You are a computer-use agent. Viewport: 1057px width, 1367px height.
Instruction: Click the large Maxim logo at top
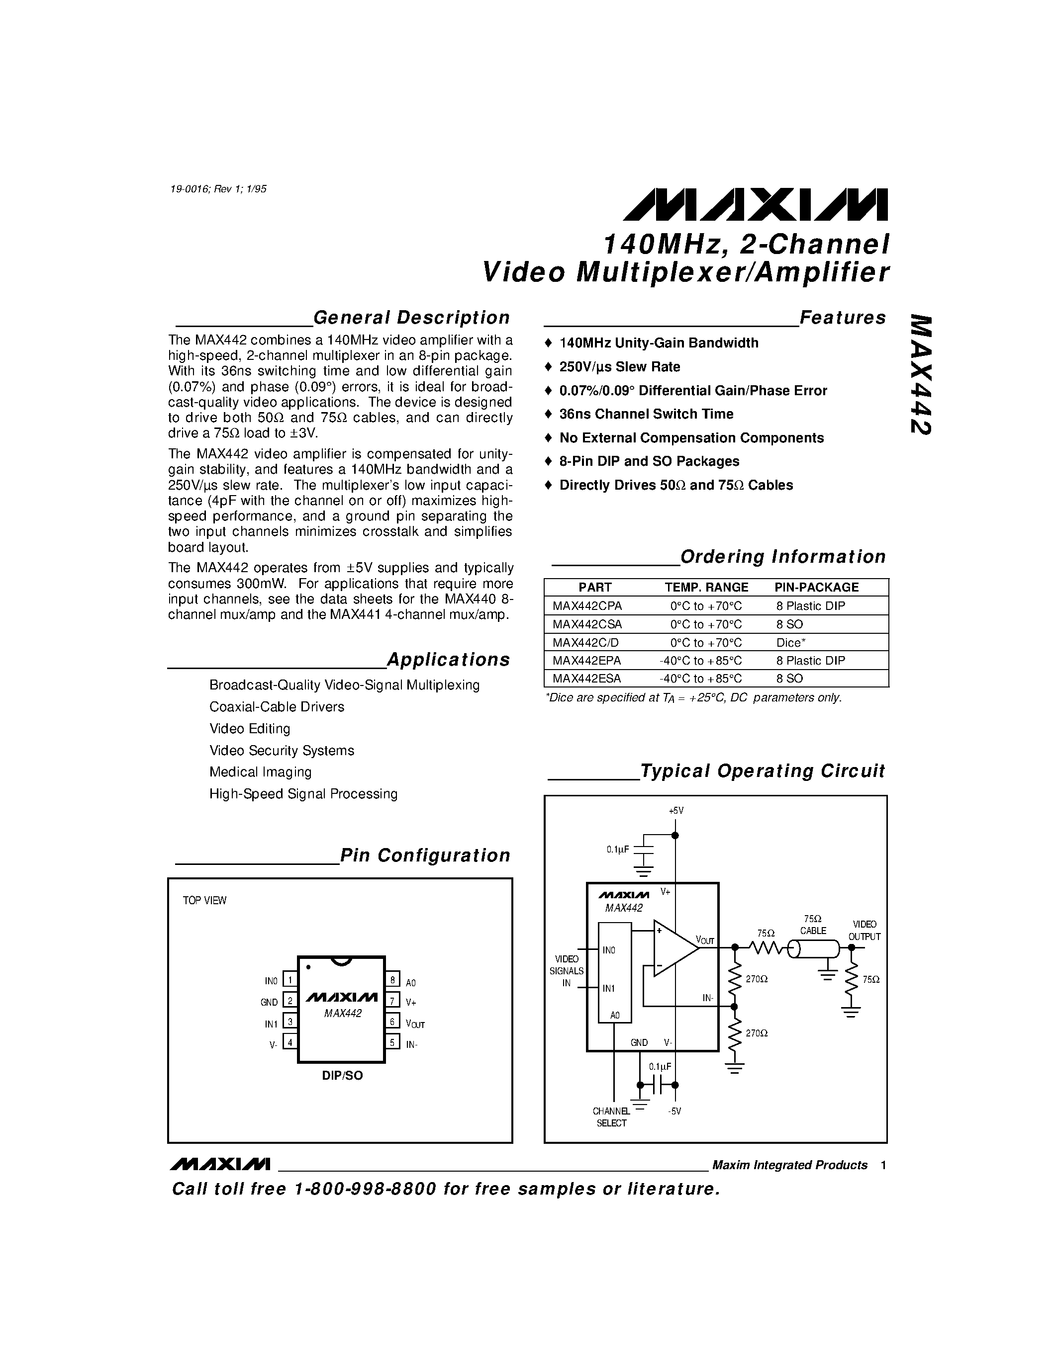tap(755, 205)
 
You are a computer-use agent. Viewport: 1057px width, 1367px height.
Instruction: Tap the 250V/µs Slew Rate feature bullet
tap(619, 367)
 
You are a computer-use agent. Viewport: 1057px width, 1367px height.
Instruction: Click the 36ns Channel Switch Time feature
tap(646, 414)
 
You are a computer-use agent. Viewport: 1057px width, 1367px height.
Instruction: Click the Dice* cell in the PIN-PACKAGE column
tap(790, 642)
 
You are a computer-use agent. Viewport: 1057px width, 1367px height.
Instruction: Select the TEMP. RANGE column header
tap(706, 587)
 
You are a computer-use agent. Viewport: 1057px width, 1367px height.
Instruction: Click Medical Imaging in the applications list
tap(261, 772)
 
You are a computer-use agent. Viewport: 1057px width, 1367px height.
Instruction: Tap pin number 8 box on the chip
tap(392, 980)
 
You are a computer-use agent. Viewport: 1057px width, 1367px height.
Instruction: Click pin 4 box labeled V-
tap(290, 1042)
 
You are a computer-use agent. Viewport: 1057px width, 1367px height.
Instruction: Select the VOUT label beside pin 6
tap(414, 1024)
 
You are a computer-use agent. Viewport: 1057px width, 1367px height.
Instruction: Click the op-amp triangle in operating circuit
tap(673, 948)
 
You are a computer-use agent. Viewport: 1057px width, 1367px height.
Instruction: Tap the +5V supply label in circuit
tap(675, 811)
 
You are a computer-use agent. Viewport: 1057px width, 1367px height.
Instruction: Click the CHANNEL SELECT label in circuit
tap(611, 1117)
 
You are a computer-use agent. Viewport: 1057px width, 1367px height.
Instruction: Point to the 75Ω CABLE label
tap(813, 925)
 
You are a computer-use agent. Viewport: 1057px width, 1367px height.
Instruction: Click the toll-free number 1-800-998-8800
tap(365, 1189)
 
